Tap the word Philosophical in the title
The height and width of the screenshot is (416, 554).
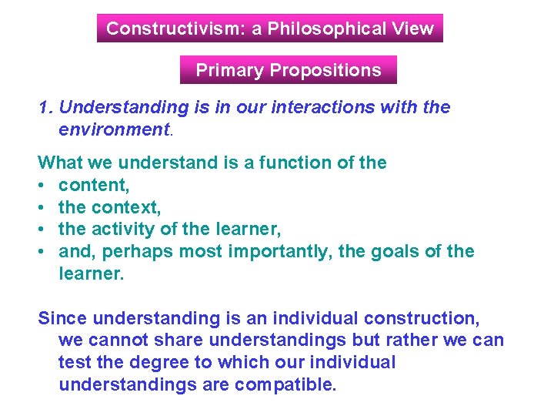click(x=326, y=29)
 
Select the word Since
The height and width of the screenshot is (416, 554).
click(x=63, y=318)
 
